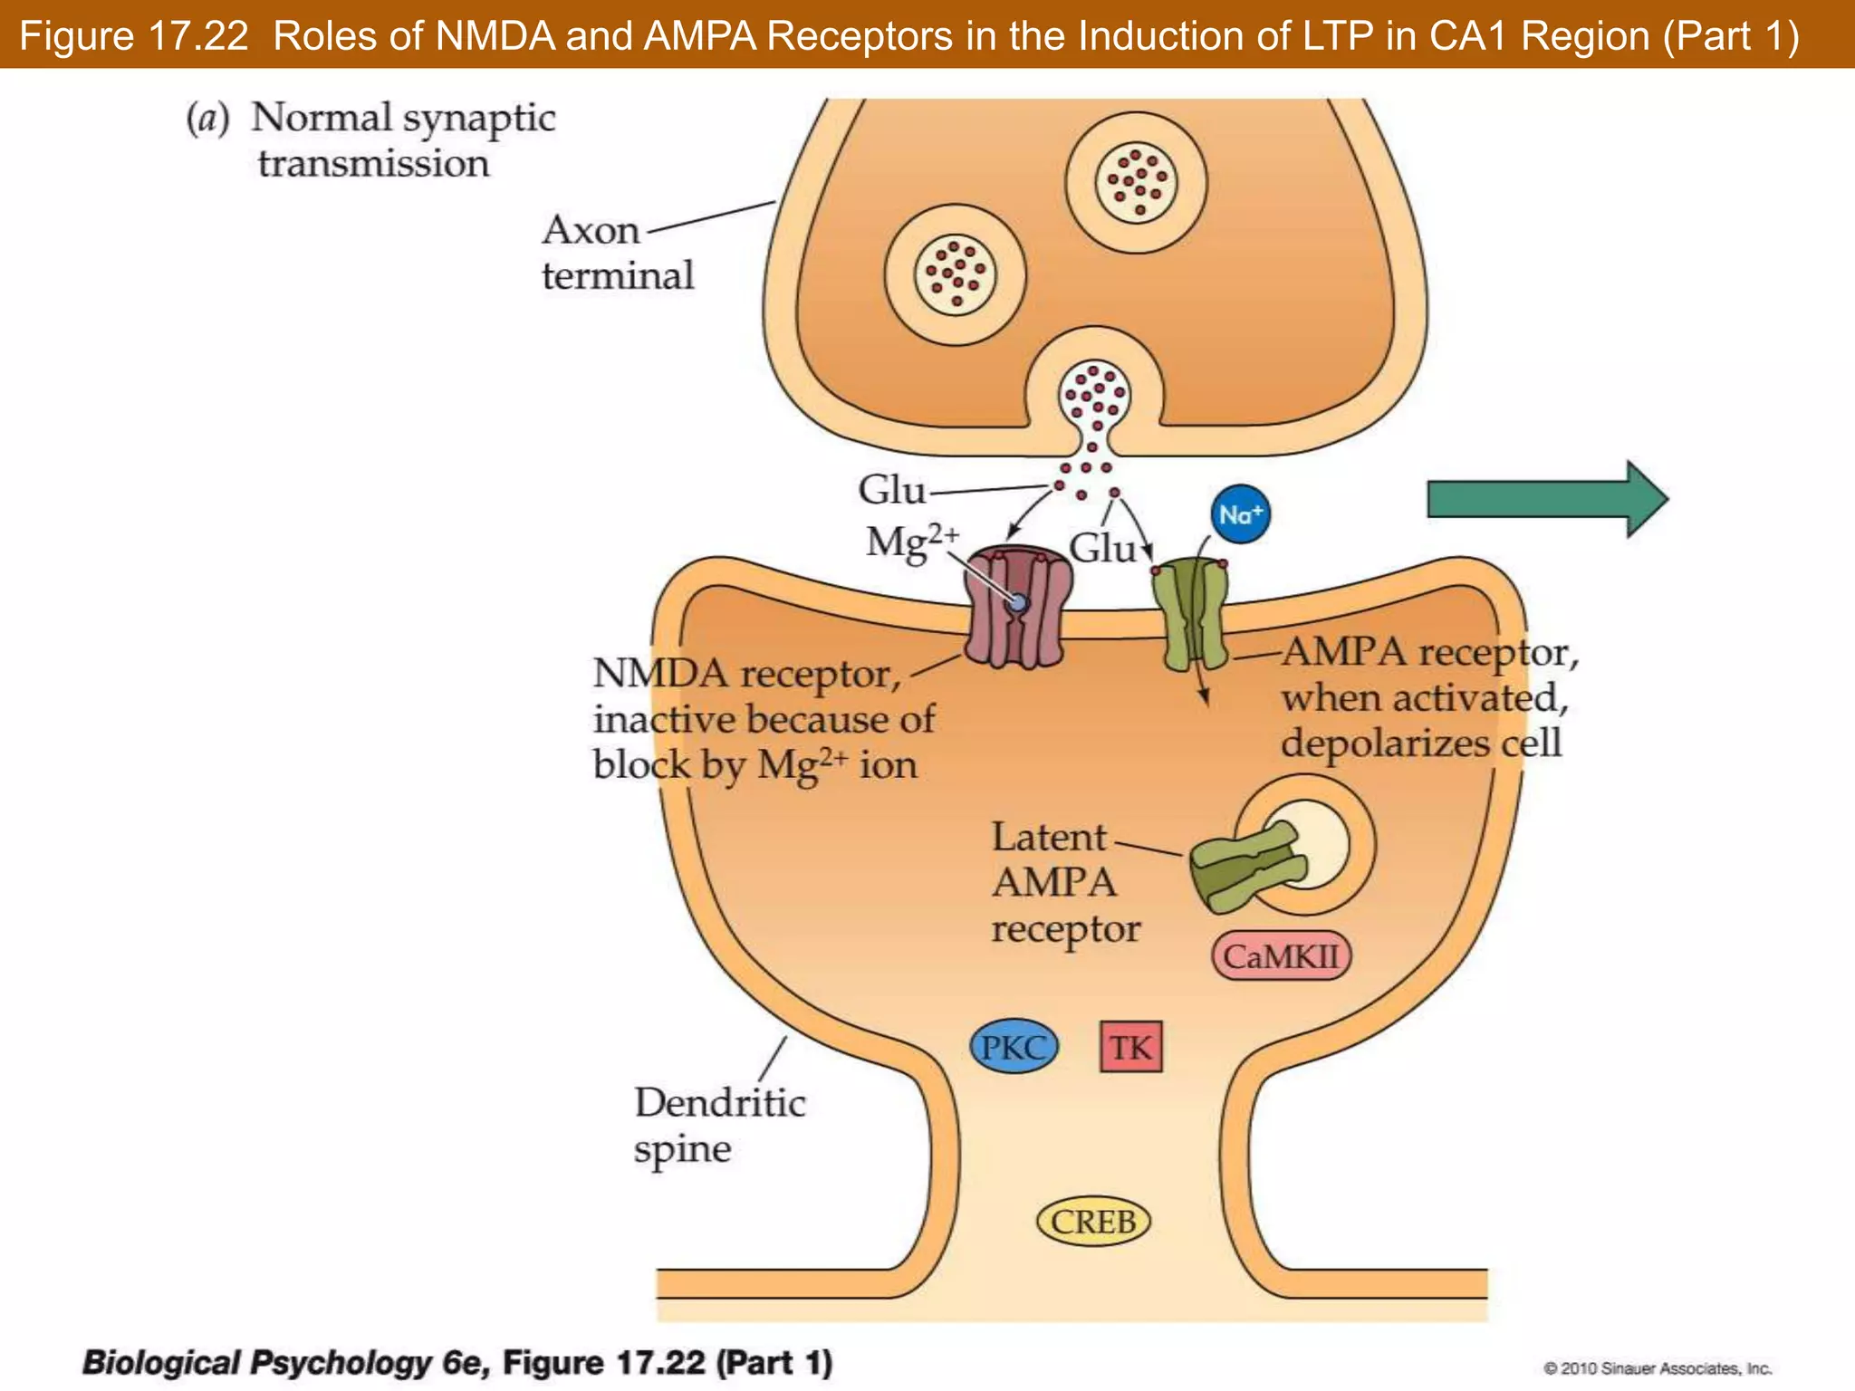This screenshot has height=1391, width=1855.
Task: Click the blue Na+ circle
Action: pos(1240,514)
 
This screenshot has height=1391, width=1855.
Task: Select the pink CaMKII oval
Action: pos(1281,956)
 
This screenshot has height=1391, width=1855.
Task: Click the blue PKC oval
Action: pos(1014,1048)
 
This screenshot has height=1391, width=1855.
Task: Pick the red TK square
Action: pos(1130,1048)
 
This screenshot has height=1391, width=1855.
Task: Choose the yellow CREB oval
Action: pos(1093,1222)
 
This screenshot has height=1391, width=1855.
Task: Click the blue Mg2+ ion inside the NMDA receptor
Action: pos(1018,602)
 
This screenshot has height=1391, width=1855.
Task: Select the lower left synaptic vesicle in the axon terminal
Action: pos(956,274)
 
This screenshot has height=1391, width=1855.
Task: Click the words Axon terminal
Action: pos(618,253)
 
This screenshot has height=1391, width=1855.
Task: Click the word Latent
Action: pos(1049,837)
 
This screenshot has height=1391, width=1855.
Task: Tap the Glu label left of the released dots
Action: pos(891,490)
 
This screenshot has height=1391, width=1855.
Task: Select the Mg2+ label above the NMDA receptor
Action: pos(909,542)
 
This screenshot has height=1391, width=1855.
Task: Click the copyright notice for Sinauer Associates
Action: pos(1658,1368)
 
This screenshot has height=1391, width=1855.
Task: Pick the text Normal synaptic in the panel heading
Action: pos(403,118)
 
